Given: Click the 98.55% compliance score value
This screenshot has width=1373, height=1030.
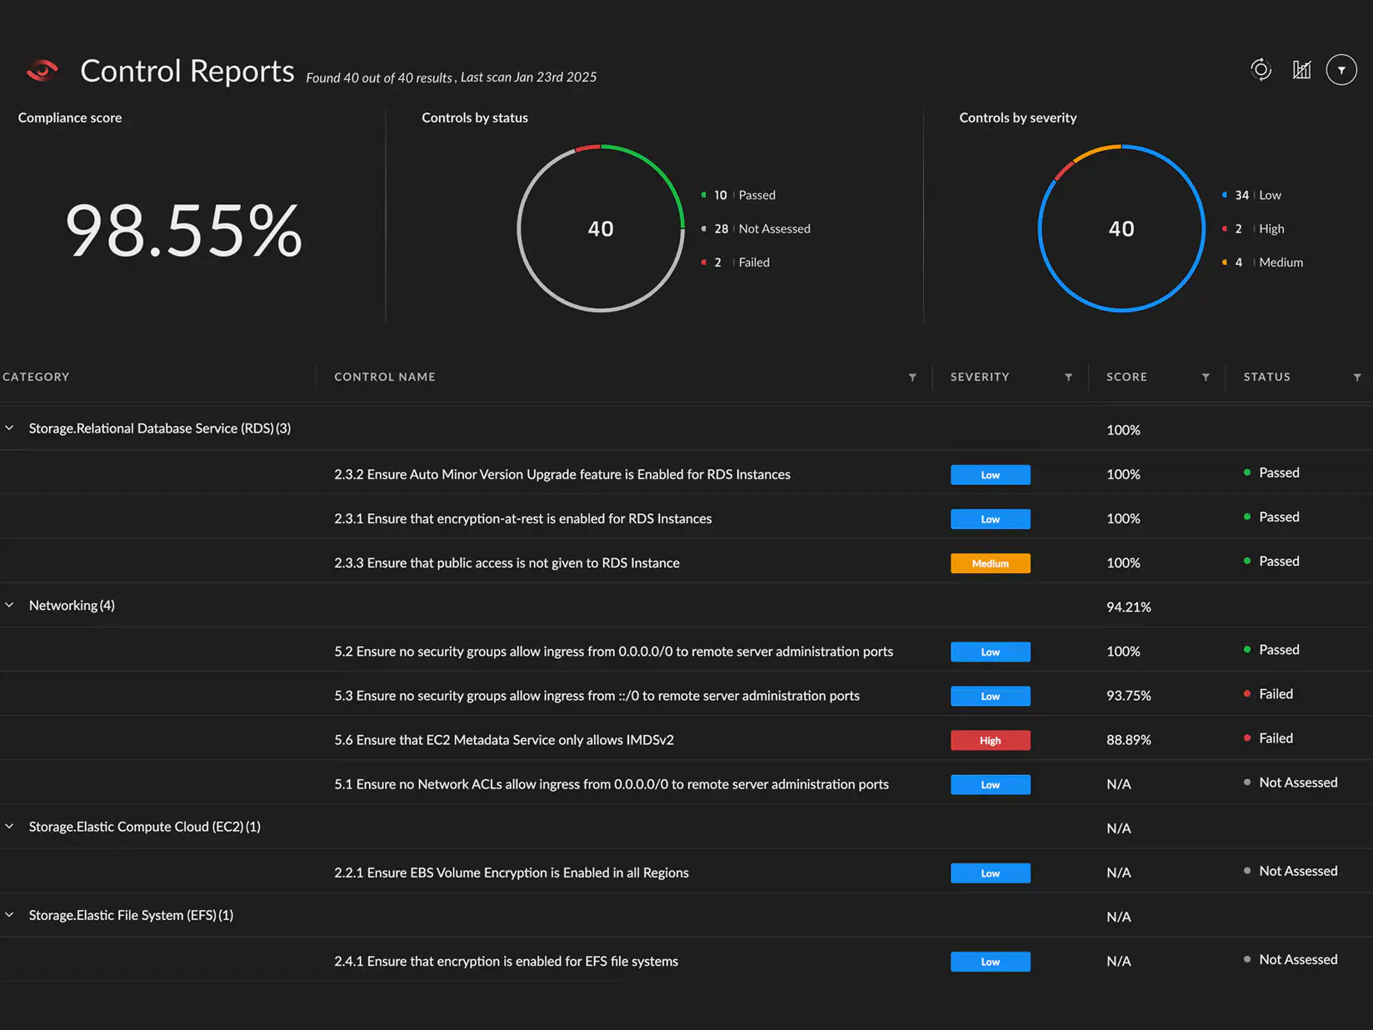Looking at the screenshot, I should click(183, 231).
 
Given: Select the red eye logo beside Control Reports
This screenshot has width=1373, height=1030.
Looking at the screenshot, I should click(42, 72).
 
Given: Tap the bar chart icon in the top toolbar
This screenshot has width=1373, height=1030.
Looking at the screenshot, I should click(1301, 70).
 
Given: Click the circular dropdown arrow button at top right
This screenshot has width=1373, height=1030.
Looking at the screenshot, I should click(1341, 70).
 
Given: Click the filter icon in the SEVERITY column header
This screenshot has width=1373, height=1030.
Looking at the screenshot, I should click(1068, 377).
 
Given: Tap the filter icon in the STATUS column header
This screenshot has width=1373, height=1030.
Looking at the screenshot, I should click(1357, 377).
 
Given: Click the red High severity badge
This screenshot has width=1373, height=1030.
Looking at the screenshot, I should click(990, 740).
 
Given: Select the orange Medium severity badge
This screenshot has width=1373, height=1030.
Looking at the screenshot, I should click(990, 563).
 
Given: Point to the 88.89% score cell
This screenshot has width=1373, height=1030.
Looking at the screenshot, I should click(1128, 740).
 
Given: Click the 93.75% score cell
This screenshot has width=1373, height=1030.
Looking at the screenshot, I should click(1128, 696).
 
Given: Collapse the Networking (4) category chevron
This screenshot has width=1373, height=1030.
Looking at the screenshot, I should click(10, 605).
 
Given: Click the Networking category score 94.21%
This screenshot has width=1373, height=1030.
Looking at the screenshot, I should click(1128, 607).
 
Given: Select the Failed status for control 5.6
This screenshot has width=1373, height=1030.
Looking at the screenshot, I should click(1275, 738).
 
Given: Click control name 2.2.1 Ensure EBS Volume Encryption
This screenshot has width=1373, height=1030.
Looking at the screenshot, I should click(511, 872).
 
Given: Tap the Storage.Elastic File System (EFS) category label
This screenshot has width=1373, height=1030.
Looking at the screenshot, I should click(131, 915).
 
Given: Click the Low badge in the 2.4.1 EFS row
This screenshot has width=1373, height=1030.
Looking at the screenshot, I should click(990, 962).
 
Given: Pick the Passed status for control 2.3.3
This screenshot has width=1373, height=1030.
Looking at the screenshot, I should click(1278, 562).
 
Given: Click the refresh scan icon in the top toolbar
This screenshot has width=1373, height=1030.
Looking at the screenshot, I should click(1261, 70).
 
